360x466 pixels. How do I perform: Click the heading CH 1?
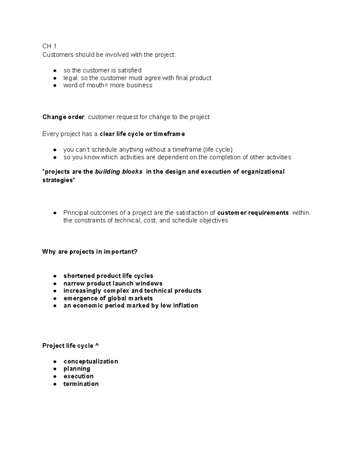coord(49,46)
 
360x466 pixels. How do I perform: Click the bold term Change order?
coord(63,117)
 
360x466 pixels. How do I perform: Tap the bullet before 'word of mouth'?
coord(55,86)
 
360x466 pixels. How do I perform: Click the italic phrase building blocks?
coord(118,172)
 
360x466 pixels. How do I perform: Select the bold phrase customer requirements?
coord(253,213)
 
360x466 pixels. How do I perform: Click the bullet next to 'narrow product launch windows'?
coord(55,284)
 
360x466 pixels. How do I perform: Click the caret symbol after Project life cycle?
coord(97,346)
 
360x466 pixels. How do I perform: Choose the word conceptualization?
coord(91,361)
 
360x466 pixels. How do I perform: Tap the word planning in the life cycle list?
coord(77,369)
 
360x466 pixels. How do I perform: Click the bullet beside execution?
coord(55,376)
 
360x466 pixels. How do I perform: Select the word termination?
coord(81,384)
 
